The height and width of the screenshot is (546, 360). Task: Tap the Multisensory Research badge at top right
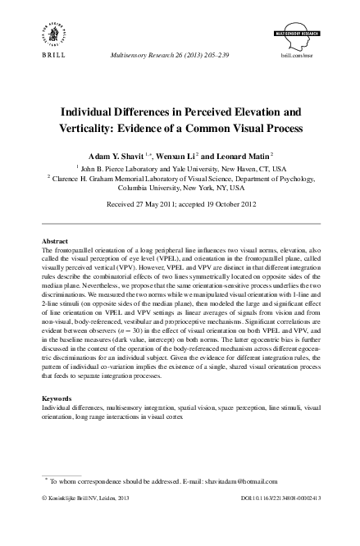[x=312, y=25]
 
